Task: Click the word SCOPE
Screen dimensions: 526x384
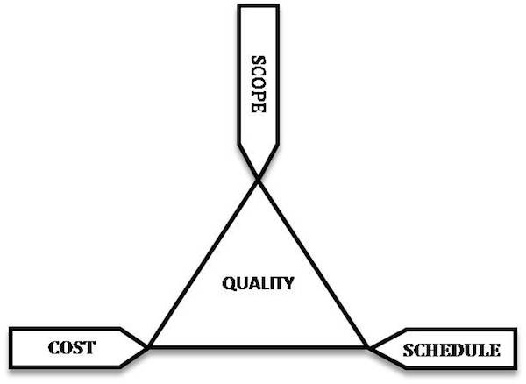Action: [x=259, y=84]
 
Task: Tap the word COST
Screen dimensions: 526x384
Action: [x=72, y=347]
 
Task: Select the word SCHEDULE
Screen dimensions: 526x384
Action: [x=451, y=350]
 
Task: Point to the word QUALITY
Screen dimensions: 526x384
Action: [x=258, y=283]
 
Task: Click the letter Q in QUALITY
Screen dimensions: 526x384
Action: [x=229, y=284]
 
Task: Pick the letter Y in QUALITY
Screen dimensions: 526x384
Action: [x=288, y=283]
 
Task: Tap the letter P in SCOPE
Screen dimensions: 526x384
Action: [x=259, y=96]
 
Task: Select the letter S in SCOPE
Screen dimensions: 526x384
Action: [x=259, y=60]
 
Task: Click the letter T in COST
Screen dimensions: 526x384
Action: [x=90, y=347]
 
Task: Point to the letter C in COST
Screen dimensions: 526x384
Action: [x=53, y=347]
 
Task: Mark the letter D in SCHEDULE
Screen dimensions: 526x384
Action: [x=460, y=350]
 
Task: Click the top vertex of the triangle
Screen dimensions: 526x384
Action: [x=258, y=180]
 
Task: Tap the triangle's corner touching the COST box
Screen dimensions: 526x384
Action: [x=149, y=347]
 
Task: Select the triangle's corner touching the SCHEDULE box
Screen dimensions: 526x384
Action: [x=367, y=347]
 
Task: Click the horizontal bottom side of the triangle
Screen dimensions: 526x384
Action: [x=259, y=347]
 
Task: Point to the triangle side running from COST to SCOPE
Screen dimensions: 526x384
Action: [x=203, y=264]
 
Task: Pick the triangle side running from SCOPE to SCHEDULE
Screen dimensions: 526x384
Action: [x=313, y=264]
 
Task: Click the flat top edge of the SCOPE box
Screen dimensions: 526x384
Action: [x=259, y=6]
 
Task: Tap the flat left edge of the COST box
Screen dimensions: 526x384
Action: [x=11, y=348]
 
